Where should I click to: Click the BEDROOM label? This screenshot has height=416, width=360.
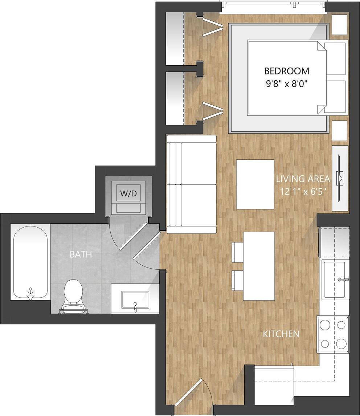(x=286, y=71)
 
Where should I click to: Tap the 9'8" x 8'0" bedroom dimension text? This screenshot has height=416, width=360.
(x=286, y=85)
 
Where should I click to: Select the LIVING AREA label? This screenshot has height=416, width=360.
(x=303, y=179)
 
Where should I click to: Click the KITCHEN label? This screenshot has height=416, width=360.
(x=281, y=334)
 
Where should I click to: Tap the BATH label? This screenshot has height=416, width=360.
(x=81, y=254)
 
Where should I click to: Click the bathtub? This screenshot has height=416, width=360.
(x=30, y=262)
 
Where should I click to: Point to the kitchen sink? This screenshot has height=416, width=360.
(x=334, y=280)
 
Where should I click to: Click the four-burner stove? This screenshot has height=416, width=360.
(x=333, y=334)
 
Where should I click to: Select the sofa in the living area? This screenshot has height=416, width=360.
(x=192, y=184)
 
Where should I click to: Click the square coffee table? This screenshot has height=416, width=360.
(x=255, y=184)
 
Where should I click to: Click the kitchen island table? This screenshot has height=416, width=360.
(x=259, y=266)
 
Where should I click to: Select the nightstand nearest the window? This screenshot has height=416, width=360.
(x=340, y=25)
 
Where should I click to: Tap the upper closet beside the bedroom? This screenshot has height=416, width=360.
(x=175, y=38)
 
